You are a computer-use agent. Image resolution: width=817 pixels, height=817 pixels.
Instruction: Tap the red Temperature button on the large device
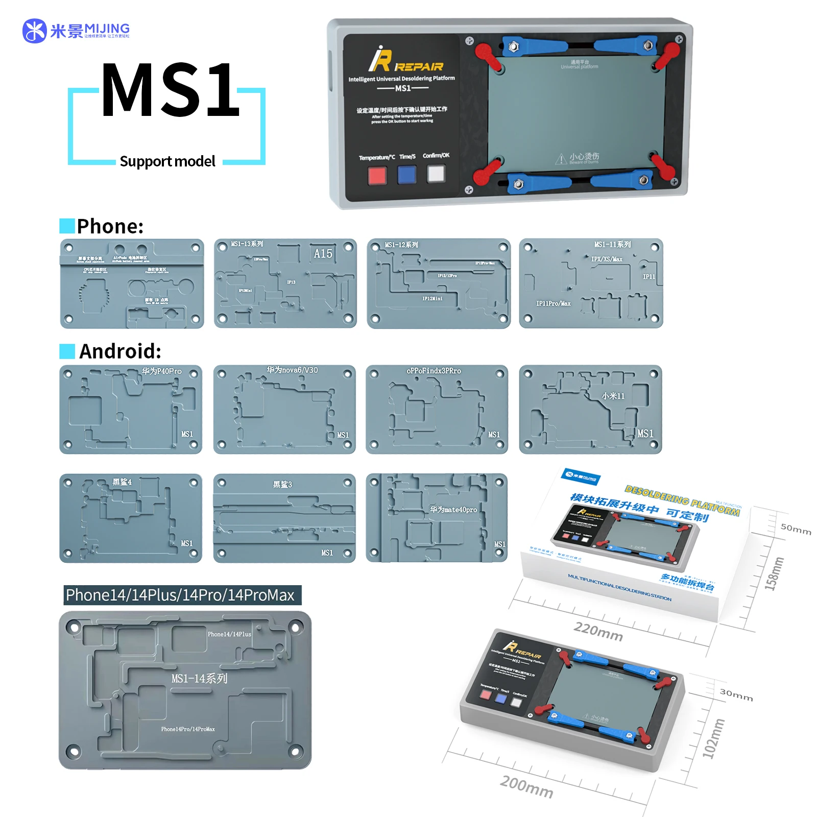tap(377, 176)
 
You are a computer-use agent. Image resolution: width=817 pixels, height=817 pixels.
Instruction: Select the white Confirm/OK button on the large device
tap(436, 174)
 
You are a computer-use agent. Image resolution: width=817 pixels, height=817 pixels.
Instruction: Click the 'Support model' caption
tap(167, 161)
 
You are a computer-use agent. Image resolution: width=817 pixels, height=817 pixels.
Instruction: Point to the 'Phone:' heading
tap(110, 226)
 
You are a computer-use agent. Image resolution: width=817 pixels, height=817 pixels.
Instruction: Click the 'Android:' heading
tap(120, 351)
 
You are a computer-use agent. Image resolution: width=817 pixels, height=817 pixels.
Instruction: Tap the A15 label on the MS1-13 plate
tap(323, 254)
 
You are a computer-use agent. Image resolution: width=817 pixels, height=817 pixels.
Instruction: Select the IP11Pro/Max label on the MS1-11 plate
tap(554, 303)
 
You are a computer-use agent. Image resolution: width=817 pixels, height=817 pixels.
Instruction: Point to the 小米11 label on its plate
tap(613, 396)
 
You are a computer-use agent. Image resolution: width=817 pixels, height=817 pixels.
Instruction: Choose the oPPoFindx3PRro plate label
tap(434, 371)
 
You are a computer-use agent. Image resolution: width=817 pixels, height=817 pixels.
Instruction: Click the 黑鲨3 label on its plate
tap(282, 484)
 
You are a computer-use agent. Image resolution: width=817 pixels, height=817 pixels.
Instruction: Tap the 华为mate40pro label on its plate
tap(453, 510)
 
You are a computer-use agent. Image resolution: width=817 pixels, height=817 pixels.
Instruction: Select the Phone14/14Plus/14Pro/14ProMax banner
tap(182, 595)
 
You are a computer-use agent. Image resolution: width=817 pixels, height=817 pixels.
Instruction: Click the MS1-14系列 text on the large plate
tap(199, 679)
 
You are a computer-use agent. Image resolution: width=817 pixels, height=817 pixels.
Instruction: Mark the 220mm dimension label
tap(598, 632)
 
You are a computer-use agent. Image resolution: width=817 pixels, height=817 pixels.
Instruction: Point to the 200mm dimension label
tap(526, 786)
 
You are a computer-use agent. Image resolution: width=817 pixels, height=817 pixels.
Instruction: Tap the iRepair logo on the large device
tap(406, 60)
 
